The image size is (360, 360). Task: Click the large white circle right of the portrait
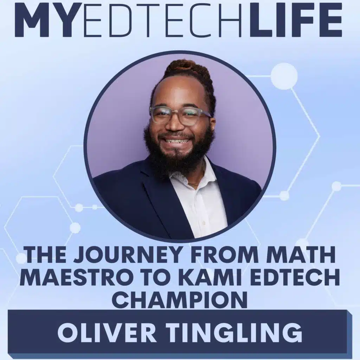pyautogui.click(x=284, y=76)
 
